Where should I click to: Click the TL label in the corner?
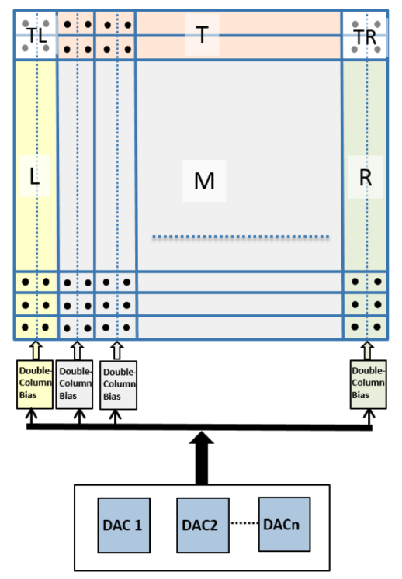click(x=36, y=35)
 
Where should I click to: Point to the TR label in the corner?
click(x=365, y=35)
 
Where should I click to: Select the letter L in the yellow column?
click(x=35, y=175)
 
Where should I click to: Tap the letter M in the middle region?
click(x=204, y=181)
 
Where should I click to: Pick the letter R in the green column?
click(x=366, y=175)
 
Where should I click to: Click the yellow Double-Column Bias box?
click(x=36, y=383)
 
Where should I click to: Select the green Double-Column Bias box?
click(x=369, y=383)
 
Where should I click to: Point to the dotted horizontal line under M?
click(x=241, y=236)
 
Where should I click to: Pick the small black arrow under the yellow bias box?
click(x=32, y=418)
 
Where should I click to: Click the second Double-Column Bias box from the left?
click(x=75, y=383)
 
